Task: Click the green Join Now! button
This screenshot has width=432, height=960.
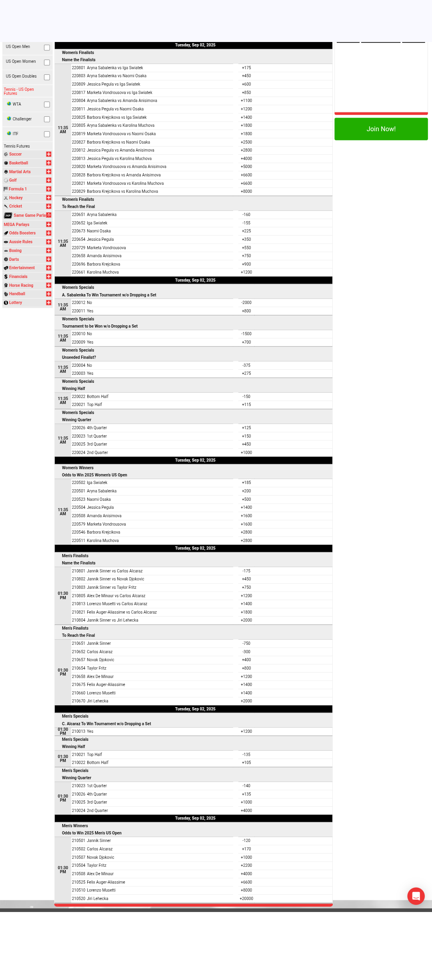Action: point(381,129)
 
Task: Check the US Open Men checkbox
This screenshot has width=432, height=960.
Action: point(47,48)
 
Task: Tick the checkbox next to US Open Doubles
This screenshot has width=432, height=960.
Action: point(47,77)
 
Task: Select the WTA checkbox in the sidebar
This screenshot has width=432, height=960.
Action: point(47,105)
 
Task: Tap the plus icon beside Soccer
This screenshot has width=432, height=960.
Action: point(48,154)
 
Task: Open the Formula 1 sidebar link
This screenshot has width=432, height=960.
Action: point(18,189)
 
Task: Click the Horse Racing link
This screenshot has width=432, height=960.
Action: point(21,286)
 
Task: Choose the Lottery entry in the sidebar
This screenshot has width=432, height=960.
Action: point(16,303)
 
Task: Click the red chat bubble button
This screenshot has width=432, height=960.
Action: point(416,896)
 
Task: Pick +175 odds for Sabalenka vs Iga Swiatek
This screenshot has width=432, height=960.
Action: point(246,68)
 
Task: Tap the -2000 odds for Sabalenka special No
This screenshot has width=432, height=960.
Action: point(246,303)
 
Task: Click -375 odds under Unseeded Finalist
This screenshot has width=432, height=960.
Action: point(246,366)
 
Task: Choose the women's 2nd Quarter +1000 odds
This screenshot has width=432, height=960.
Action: point(246,453)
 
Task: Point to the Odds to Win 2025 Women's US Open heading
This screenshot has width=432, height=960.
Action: point(94,475)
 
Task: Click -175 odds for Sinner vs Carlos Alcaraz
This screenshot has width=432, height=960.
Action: point(246,571)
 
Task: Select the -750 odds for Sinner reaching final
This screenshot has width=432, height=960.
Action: point(246,644)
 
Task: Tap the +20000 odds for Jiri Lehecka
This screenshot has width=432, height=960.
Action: point(246,899)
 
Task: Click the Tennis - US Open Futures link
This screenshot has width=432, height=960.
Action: point(19,92)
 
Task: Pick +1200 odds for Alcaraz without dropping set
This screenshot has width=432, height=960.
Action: point(246,732)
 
